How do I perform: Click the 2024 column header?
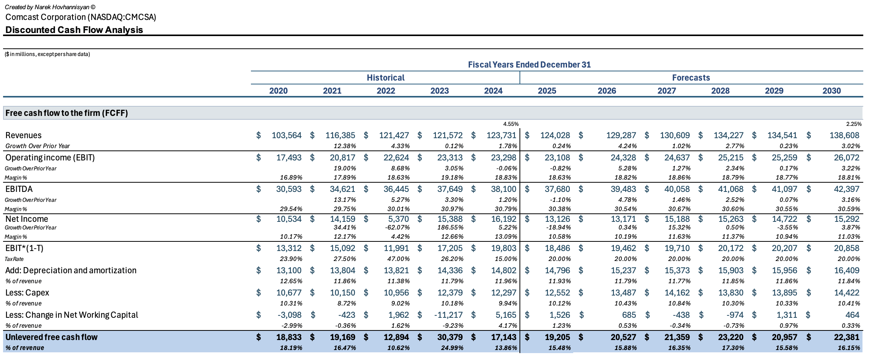493,91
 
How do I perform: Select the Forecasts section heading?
691,78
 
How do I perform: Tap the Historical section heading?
385,78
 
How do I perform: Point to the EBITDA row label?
19,189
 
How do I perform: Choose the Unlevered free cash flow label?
51,337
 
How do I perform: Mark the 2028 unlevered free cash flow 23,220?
729,337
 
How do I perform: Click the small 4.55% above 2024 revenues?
511,124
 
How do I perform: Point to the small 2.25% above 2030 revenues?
854,124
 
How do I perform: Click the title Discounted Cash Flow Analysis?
74,30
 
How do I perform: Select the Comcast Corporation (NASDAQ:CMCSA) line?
81,17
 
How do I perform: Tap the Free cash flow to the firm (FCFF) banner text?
66,113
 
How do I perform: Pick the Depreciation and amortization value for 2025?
557,271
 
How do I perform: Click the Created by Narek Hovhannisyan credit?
50,7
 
